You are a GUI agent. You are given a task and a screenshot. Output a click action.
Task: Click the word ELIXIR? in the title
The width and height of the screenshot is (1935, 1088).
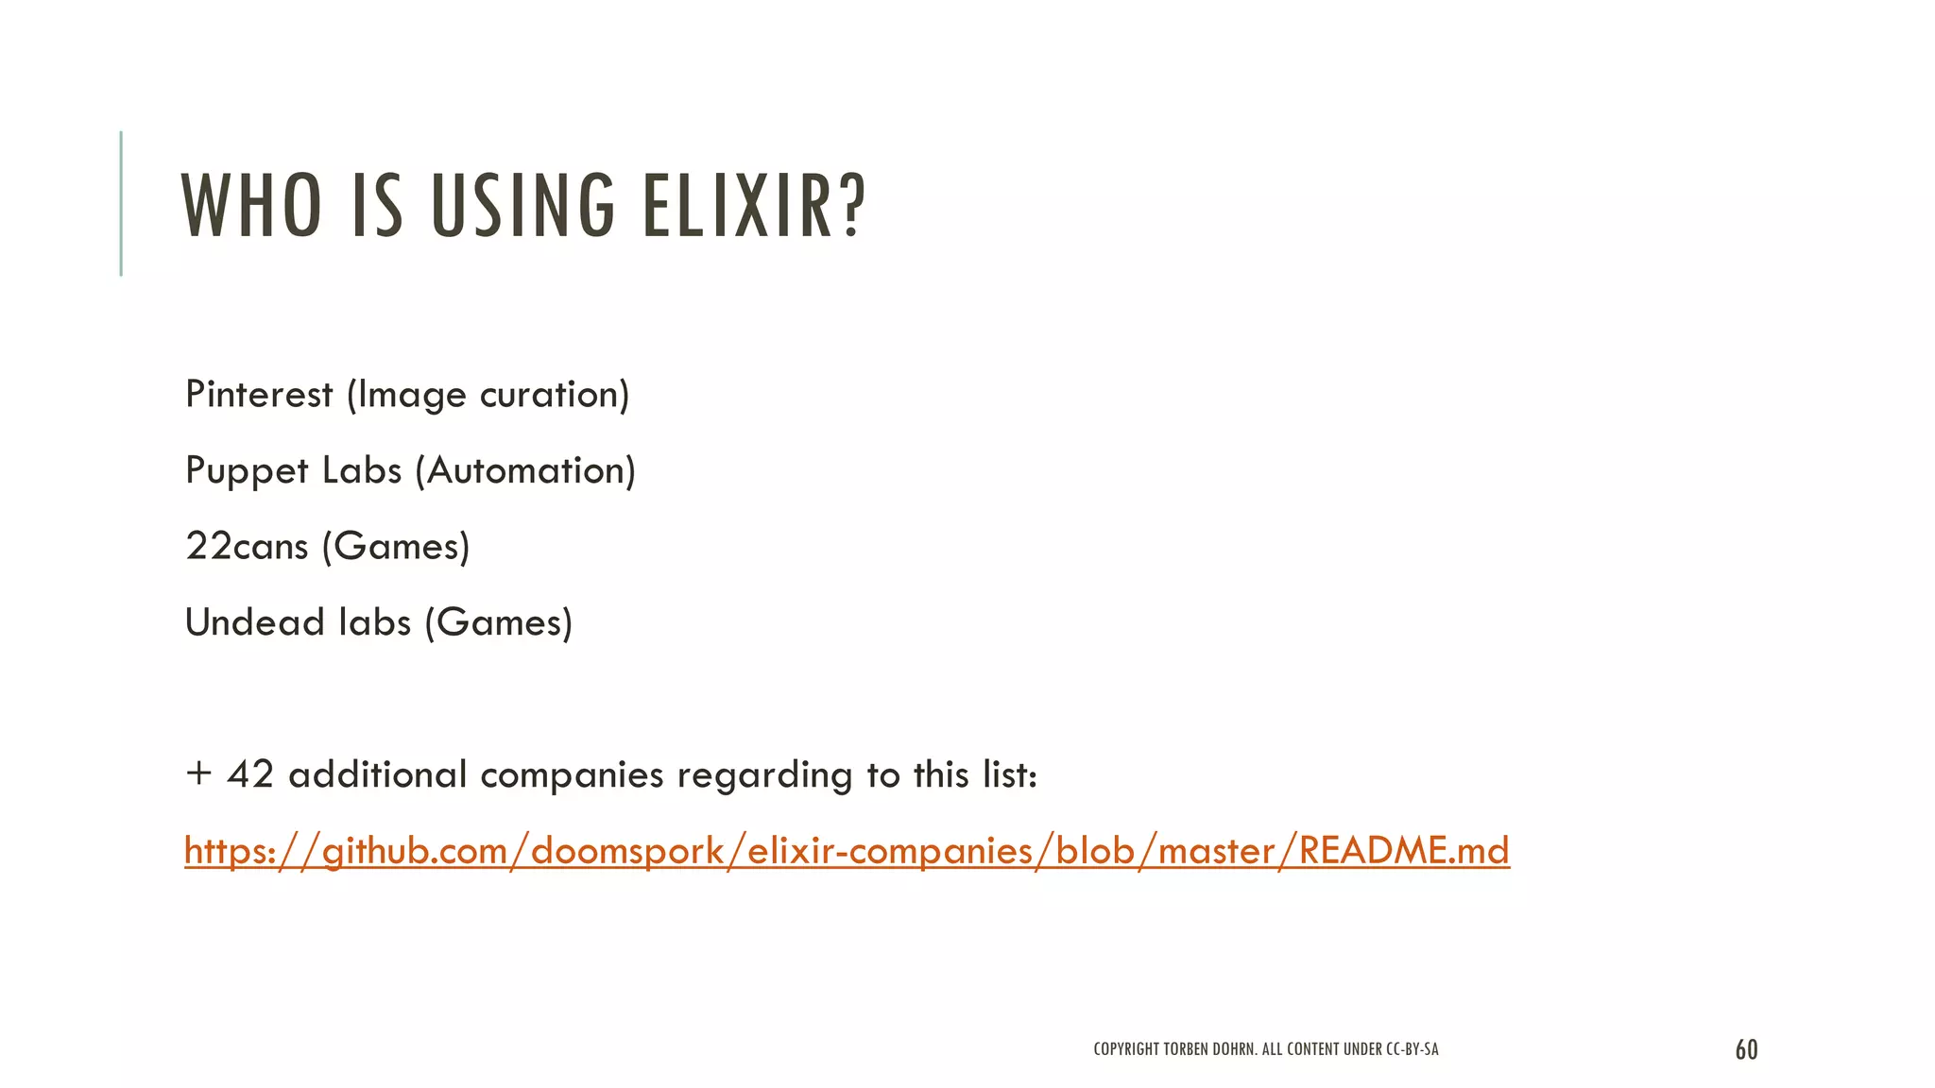(754, 205)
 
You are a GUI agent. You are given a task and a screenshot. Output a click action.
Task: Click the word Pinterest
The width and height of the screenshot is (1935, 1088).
(259, 394)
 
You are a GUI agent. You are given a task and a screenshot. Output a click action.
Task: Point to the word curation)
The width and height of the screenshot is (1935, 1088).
(555, 394)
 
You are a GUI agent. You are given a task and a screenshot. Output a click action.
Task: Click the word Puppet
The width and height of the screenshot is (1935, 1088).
(247, 470)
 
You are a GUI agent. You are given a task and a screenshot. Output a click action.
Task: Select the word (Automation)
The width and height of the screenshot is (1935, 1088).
(525, 470)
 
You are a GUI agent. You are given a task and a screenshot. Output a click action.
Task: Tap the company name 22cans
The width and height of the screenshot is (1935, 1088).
(247, 546)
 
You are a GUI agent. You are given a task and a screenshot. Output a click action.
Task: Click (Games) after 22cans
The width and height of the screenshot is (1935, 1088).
(396, 546)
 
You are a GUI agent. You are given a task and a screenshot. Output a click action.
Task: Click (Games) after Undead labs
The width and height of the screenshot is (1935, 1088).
(499, 622)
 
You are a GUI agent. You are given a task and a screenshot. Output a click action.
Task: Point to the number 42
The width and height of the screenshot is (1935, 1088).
(250, 774)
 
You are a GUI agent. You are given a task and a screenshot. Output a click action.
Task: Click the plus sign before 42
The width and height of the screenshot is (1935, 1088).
(197, 773)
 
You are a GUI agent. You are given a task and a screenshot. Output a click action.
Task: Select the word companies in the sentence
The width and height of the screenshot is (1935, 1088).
(572, 775)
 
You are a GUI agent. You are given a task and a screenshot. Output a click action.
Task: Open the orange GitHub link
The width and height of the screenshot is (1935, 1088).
(847, 851)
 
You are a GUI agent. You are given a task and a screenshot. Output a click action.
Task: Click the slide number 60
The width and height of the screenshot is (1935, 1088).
(1746, 1049)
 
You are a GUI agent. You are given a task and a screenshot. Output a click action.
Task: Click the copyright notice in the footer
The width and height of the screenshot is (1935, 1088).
(1266, 1049)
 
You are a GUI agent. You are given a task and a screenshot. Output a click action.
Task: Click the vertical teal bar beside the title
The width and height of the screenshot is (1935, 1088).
(121, 203)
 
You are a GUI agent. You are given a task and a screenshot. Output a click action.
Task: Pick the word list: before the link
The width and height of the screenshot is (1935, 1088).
(1010, 774)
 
